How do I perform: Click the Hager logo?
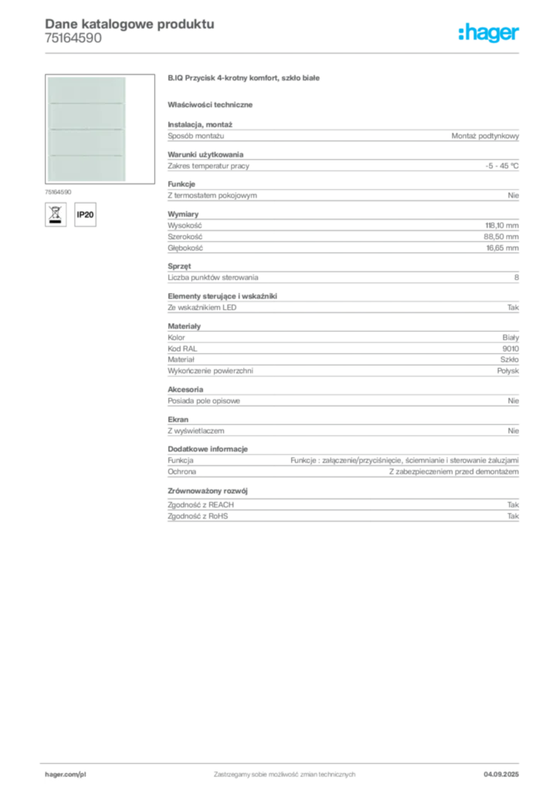pos(489,32)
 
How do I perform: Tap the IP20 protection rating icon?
pos(85,214)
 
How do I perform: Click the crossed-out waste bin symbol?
pos(56,214)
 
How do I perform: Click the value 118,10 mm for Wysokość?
pos(502,226)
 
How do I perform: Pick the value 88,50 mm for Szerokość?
pos(501,237)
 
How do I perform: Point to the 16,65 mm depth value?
pos(502,248)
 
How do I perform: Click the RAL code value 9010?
pos(510,349)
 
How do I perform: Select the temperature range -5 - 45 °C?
pos(502,166)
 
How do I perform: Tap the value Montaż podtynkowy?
pos(485,136)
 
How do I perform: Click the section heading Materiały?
pos(184,326)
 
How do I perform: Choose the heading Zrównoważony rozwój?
pos(208,491)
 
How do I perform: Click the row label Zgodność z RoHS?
pos(198,516)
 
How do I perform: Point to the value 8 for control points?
pos(517,278)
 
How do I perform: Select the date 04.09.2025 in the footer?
pos(501,775)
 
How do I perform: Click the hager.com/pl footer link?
pos(66,775)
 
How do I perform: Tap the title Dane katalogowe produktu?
pos(130,24)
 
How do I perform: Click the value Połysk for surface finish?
pos(507,371)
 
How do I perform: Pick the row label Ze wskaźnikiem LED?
pos(202,307)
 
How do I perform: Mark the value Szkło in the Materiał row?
pos(509,360)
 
